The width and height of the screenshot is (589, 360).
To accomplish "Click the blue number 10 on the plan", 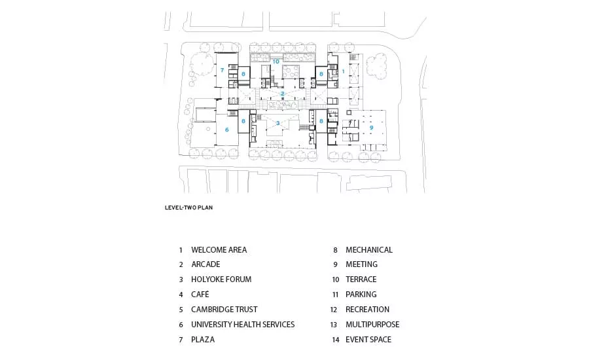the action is point(276,62).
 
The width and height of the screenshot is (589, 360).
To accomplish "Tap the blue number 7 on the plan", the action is point(222,70).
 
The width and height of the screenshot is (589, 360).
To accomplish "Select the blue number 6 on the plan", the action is point(226,130).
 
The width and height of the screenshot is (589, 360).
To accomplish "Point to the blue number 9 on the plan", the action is point(371,128).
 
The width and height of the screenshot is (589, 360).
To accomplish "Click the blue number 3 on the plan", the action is point(277,123).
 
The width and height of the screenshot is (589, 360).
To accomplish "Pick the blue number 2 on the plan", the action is point(283,94).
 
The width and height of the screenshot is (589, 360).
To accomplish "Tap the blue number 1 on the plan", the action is point(343,71).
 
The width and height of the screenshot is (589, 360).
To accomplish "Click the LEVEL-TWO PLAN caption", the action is point(188,207).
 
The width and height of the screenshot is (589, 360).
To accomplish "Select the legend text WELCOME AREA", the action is point(219,250).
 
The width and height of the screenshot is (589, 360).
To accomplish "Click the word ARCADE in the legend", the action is point(205,264).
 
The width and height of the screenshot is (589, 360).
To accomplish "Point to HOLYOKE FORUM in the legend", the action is point(221,279).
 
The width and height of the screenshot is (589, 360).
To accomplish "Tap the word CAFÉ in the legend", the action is point(200,295).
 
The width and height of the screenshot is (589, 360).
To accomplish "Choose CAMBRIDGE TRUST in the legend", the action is point(224,309).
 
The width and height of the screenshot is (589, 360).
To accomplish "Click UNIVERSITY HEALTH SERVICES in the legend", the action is point(243,324).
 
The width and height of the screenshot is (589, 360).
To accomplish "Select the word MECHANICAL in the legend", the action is point(369,250).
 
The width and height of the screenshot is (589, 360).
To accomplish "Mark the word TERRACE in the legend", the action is point(361,279).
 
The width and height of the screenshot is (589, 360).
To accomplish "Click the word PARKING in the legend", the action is point(361,295).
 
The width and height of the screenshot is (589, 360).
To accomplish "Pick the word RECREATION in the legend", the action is point(367,309).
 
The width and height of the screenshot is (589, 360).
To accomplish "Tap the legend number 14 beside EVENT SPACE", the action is point(336,340).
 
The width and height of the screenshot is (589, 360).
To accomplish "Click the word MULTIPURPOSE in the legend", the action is point(372,324).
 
